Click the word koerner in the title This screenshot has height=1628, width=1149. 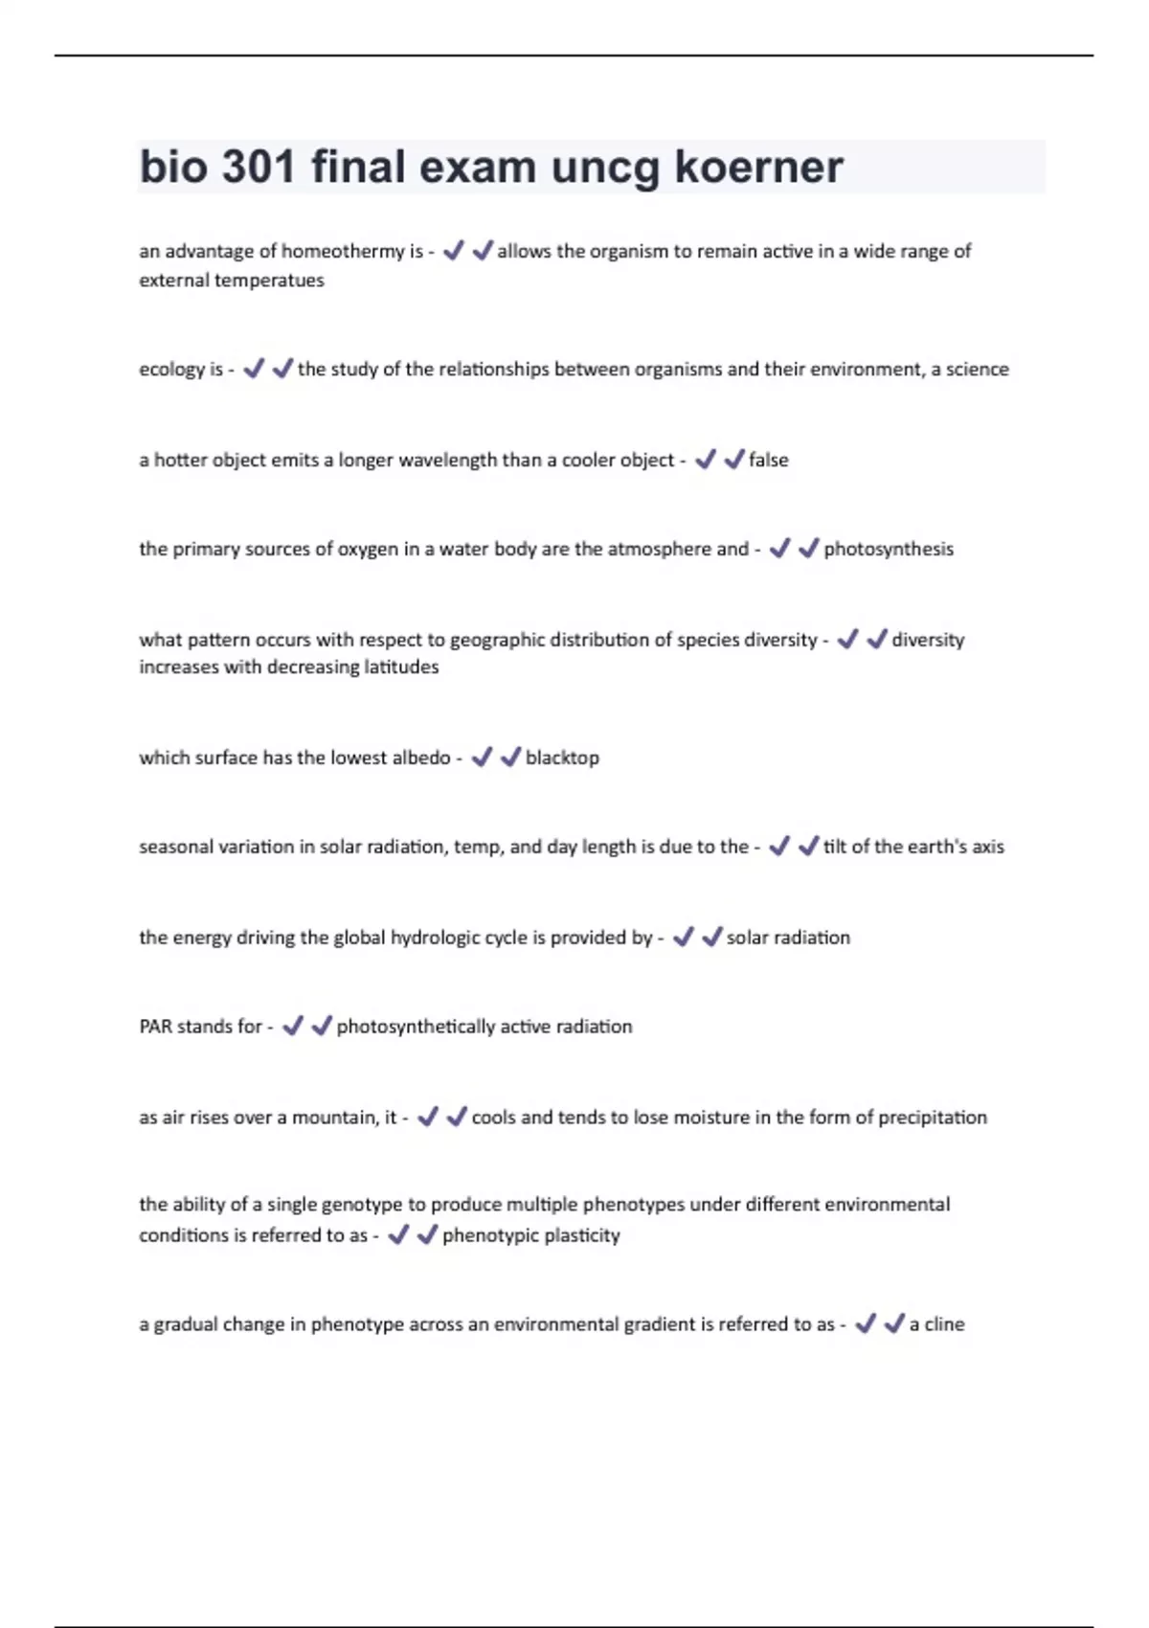pyautogui.click(x=758, y=167)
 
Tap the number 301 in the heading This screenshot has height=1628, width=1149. pyautogui.click(x=259, y=167)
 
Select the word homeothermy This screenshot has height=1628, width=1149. pyautogui.click(x=343, y=251)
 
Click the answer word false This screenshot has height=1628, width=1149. pyautogui.click(x=768, y=460)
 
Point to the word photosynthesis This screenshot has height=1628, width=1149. pyautogui.click(x=889, y=549)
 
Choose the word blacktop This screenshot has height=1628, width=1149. pyautogui.click(x=562, y=757)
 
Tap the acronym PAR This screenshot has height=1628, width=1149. pyautogui.click(x=155, y=1027)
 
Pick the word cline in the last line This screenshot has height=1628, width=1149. pyautogui.click(x=944, y=1324)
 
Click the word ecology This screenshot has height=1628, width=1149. pyautogui.click(x=170, y=370)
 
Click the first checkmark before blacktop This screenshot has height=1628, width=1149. pyautogui.click(x=482, y=757)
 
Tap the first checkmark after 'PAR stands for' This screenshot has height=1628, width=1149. pyautogui.click(x=293, y=1027)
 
